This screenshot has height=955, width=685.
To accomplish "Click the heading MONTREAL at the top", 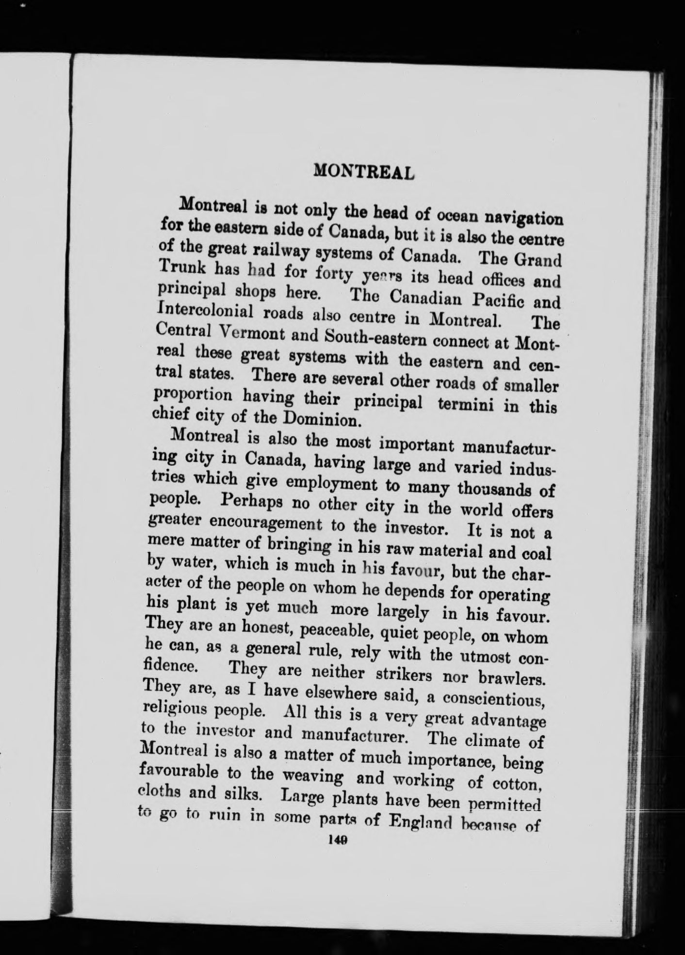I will pos(363,171).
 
